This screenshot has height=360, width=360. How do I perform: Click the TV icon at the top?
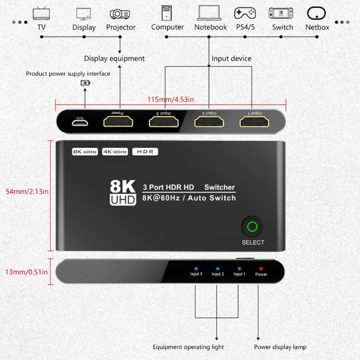[x=41, y=13]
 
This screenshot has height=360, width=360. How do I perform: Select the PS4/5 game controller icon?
[x=244, y=13]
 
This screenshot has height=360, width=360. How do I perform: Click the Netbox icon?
[x=317, y=13]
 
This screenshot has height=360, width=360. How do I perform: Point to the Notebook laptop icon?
[x=210, y=13]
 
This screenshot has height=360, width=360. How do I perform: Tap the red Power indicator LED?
[x=261, y=268]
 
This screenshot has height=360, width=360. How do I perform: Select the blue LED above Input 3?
[x=196, y=268]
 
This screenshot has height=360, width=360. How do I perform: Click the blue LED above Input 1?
[x=239, y=268]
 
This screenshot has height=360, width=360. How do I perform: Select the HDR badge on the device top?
[x=145, y=152]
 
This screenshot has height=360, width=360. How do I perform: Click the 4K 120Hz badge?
[x=115, y=152]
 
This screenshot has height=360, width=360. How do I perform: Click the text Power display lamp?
[x=280, y=347]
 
